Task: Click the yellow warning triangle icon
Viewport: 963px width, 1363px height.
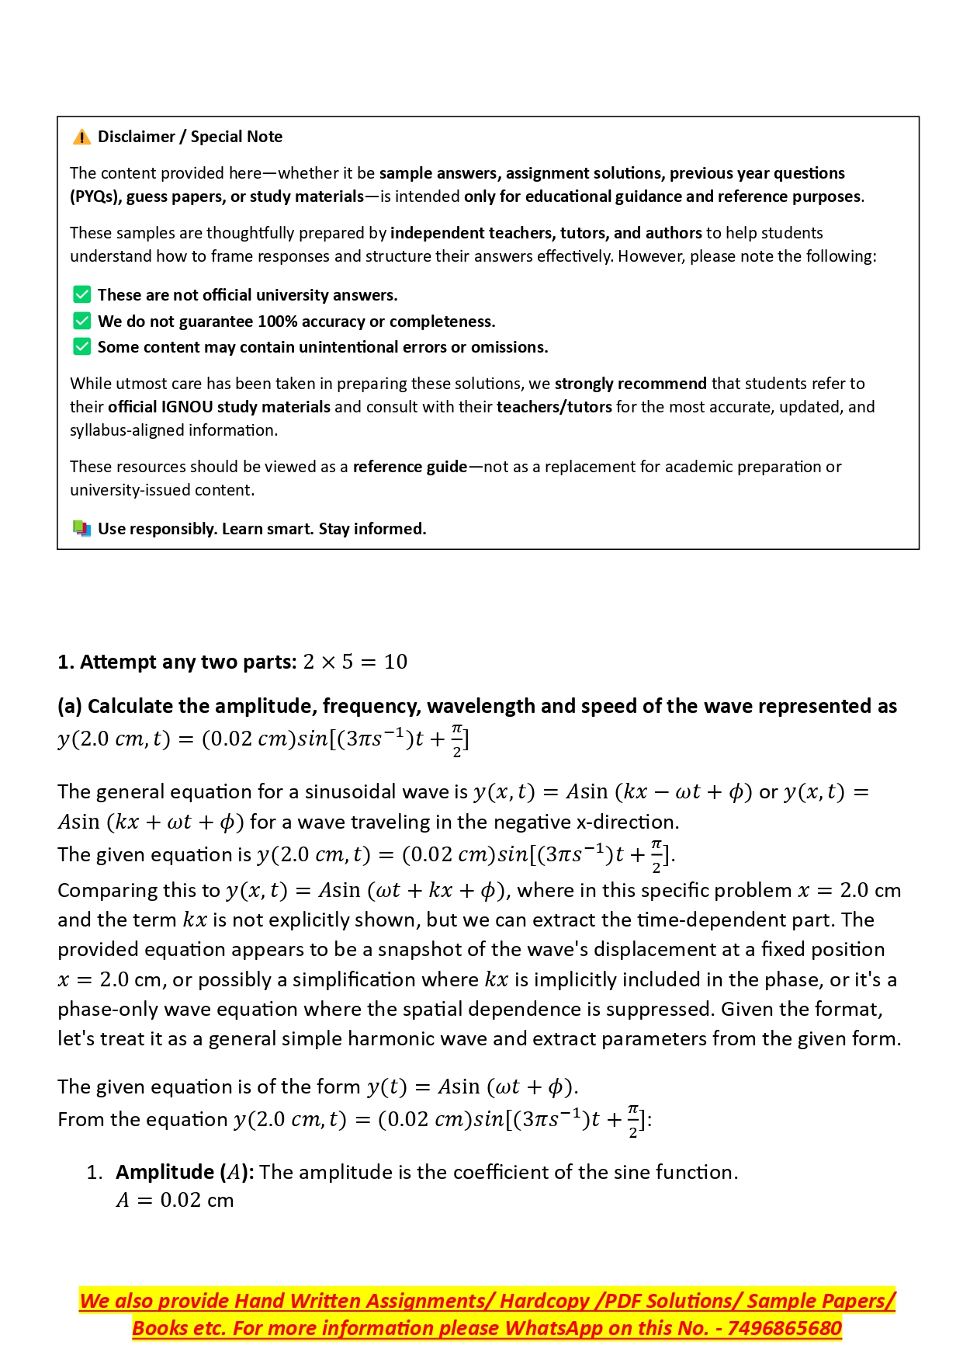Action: coord(81,137)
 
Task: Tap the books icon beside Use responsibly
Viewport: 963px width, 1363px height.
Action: coord(81,529)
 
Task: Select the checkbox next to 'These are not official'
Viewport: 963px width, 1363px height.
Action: coord(81,295)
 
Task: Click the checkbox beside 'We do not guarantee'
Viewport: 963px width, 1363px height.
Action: coord(81,322)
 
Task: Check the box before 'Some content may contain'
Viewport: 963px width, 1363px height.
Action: coord(81,347)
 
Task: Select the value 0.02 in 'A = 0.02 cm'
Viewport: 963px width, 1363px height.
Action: coord(180,1200)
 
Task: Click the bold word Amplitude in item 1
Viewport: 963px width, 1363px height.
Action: coord(165,1172)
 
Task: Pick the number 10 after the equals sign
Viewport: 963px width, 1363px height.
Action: coord(395,662)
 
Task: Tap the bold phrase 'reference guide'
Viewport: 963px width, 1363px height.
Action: coord(410,467)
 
